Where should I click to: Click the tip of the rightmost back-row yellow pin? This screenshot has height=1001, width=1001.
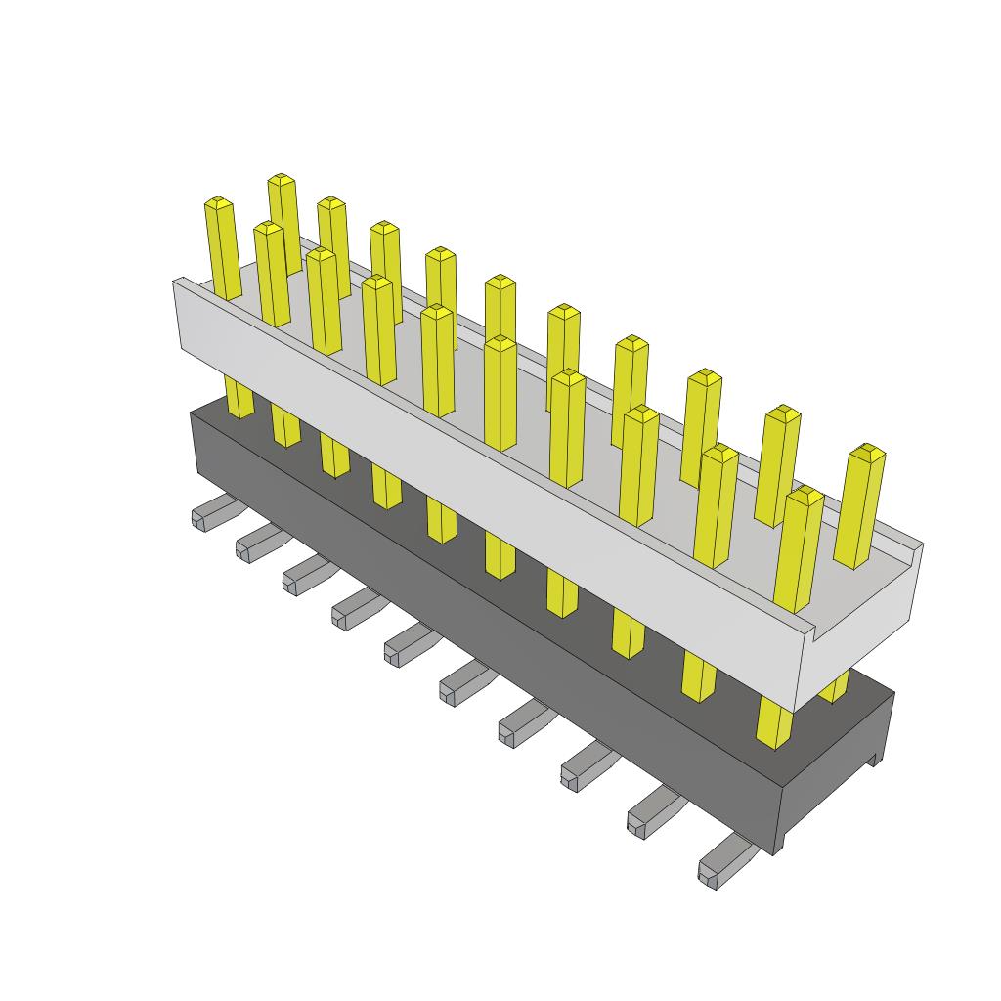point(867,452)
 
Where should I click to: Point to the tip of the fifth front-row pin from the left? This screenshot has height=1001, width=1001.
point(437,312)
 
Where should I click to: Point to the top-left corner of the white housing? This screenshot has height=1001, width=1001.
point(176,282)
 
